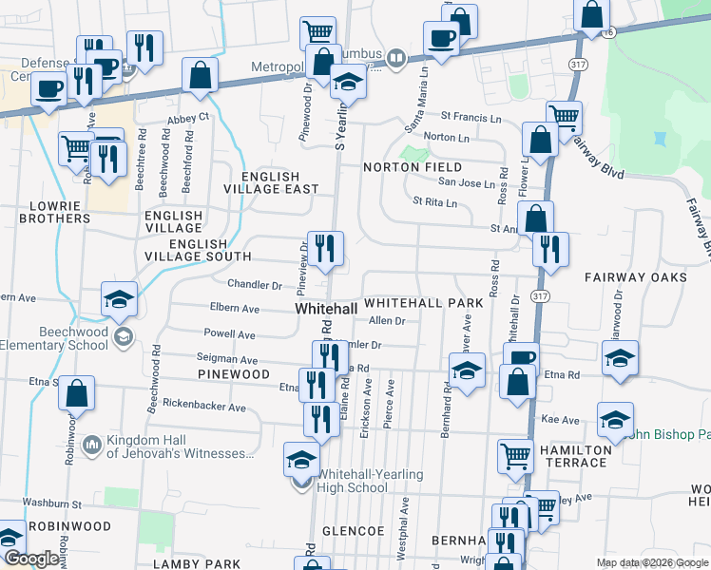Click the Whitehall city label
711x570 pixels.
point(326,310)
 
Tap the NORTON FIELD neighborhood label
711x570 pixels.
point(412,167)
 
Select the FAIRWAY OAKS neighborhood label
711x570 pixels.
point(635,277)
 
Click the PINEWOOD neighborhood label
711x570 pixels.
point(233,375)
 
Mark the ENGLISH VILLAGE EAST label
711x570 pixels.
point(270,183)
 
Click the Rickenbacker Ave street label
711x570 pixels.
point(206,408)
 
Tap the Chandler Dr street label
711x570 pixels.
point(254,284)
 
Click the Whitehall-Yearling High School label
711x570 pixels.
point(353,481)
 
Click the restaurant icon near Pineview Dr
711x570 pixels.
point(325,249)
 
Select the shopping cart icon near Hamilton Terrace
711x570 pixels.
point(515,454)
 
